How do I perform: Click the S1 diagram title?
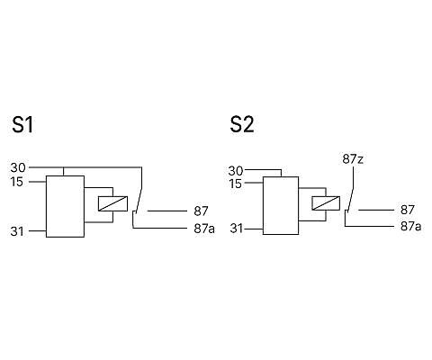22,125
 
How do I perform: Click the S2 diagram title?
242,125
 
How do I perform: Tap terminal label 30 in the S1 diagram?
18,167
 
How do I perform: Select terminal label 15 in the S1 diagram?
17,182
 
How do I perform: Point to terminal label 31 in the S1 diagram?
17,231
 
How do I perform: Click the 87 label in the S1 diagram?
201,211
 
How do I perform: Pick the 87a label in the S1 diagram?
204,229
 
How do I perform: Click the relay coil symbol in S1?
112,203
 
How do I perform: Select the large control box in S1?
65,206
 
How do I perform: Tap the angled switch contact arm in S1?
139,201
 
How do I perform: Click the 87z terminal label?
353,159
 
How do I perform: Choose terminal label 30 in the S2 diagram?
236,171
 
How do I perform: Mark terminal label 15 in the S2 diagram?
235,184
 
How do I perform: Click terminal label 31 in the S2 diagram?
237,229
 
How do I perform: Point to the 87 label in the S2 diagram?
408,210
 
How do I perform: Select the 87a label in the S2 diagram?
410,226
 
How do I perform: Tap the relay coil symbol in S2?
326,203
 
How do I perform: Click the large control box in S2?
281,205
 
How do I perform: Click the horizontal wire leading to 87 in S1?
167,211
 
